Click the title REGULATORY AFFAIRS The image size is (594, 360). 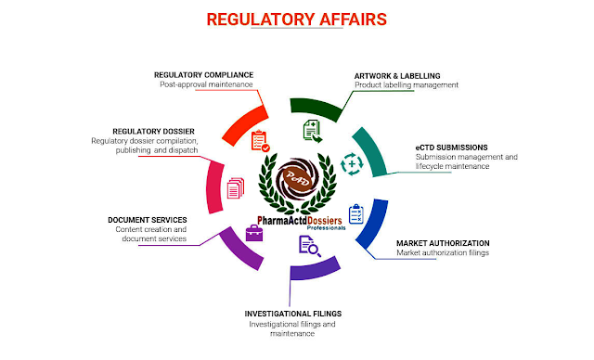(x=296, y=19)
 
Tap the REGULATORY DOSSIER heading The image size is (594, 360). (x=146, y=131)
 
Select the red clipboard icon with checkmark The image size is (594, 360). (x=260, y=141)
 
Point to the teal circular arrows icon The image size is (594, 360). (x=353, y=162)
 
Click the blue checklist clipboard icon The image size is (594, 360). (x=356, y=214)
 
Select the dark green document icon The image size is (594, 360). (x=313, y=129)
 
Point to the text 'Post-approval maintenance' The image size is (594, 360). (x=206, y=84)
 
